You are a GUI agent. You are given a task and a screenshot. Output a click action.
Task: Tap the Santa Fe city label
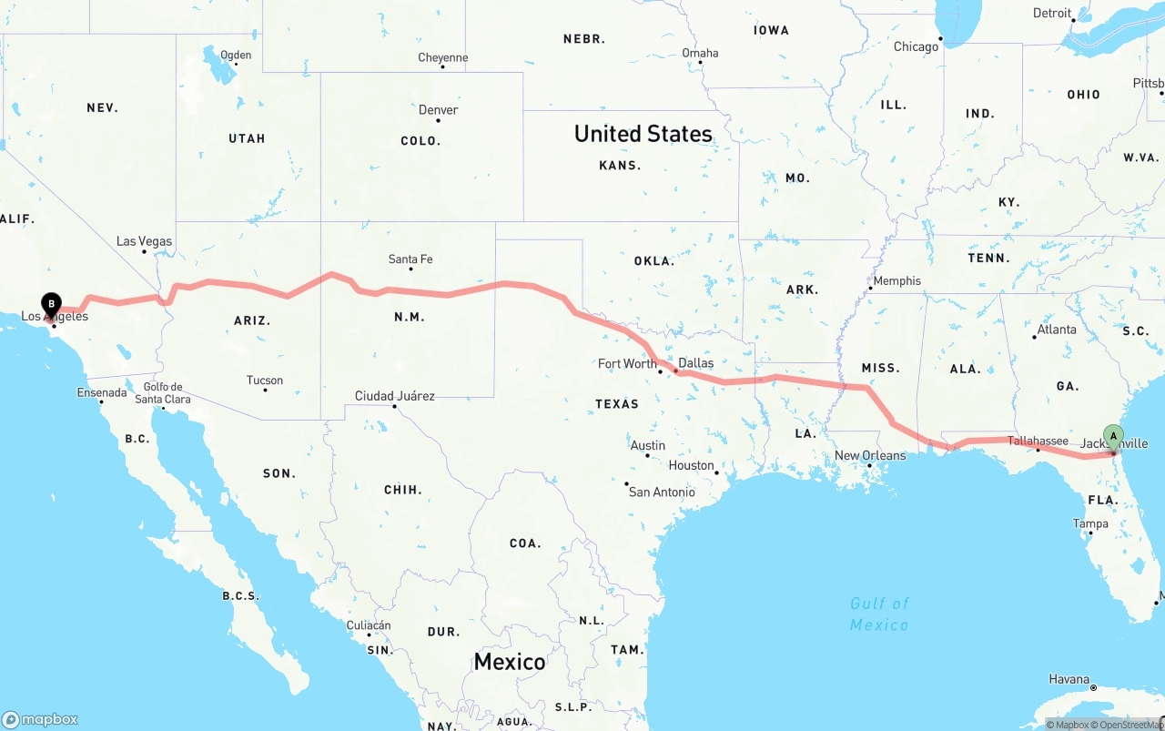[x=410, y=259]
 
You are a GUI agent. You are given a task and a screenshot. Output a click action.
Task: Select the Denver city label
[x=438, y=110]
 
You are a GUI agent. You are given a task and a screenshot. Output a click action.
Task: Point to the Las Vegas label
[x=144, y=241]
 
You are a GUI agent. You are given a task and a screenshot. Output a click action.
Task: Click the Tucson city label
[x=265, y=381]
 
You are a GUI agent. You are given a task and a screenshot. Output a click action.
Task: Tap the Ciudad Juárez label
[x=395, y=396]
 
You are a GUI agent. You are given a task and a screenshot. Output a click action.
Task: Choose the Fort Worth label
[x=627, y=363]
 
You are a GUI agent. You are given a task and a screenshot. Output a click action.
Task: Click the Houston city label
[x=691, y=465]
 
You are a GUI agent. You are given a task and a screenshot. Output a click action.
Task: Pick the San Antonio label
[x=662, y=492]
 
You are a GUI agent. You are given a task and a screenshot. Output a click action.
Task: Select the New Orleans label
[x=870, y=455]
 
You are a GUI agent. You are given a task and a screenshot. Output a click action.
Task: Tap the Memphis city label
[x=897, y=280]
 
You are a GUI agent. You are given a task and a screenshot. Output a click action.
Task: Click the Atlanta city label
[x=1057, y=330]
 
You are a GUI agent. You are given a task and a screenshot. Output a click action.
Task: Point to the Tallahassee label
[x=1038, y=441]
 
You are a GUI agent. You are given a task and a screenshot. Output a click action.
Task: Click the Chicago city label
[x=916, y=46]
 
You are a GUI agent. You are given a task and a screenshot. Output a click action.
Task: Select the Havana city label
[x=1069, y=679]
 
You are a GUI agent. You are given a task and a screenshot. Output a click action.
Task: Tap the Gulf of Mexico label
[x=879, y=614]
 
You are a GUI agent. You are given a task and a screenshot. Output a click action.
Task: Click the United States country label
[x=643, y=134]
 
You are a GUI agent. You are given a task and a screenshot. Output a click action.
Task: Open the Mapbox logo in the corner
[x=40, y=719]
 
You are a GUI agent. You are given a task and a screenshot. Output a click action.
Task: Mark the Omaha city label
[x=700, y=53]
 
